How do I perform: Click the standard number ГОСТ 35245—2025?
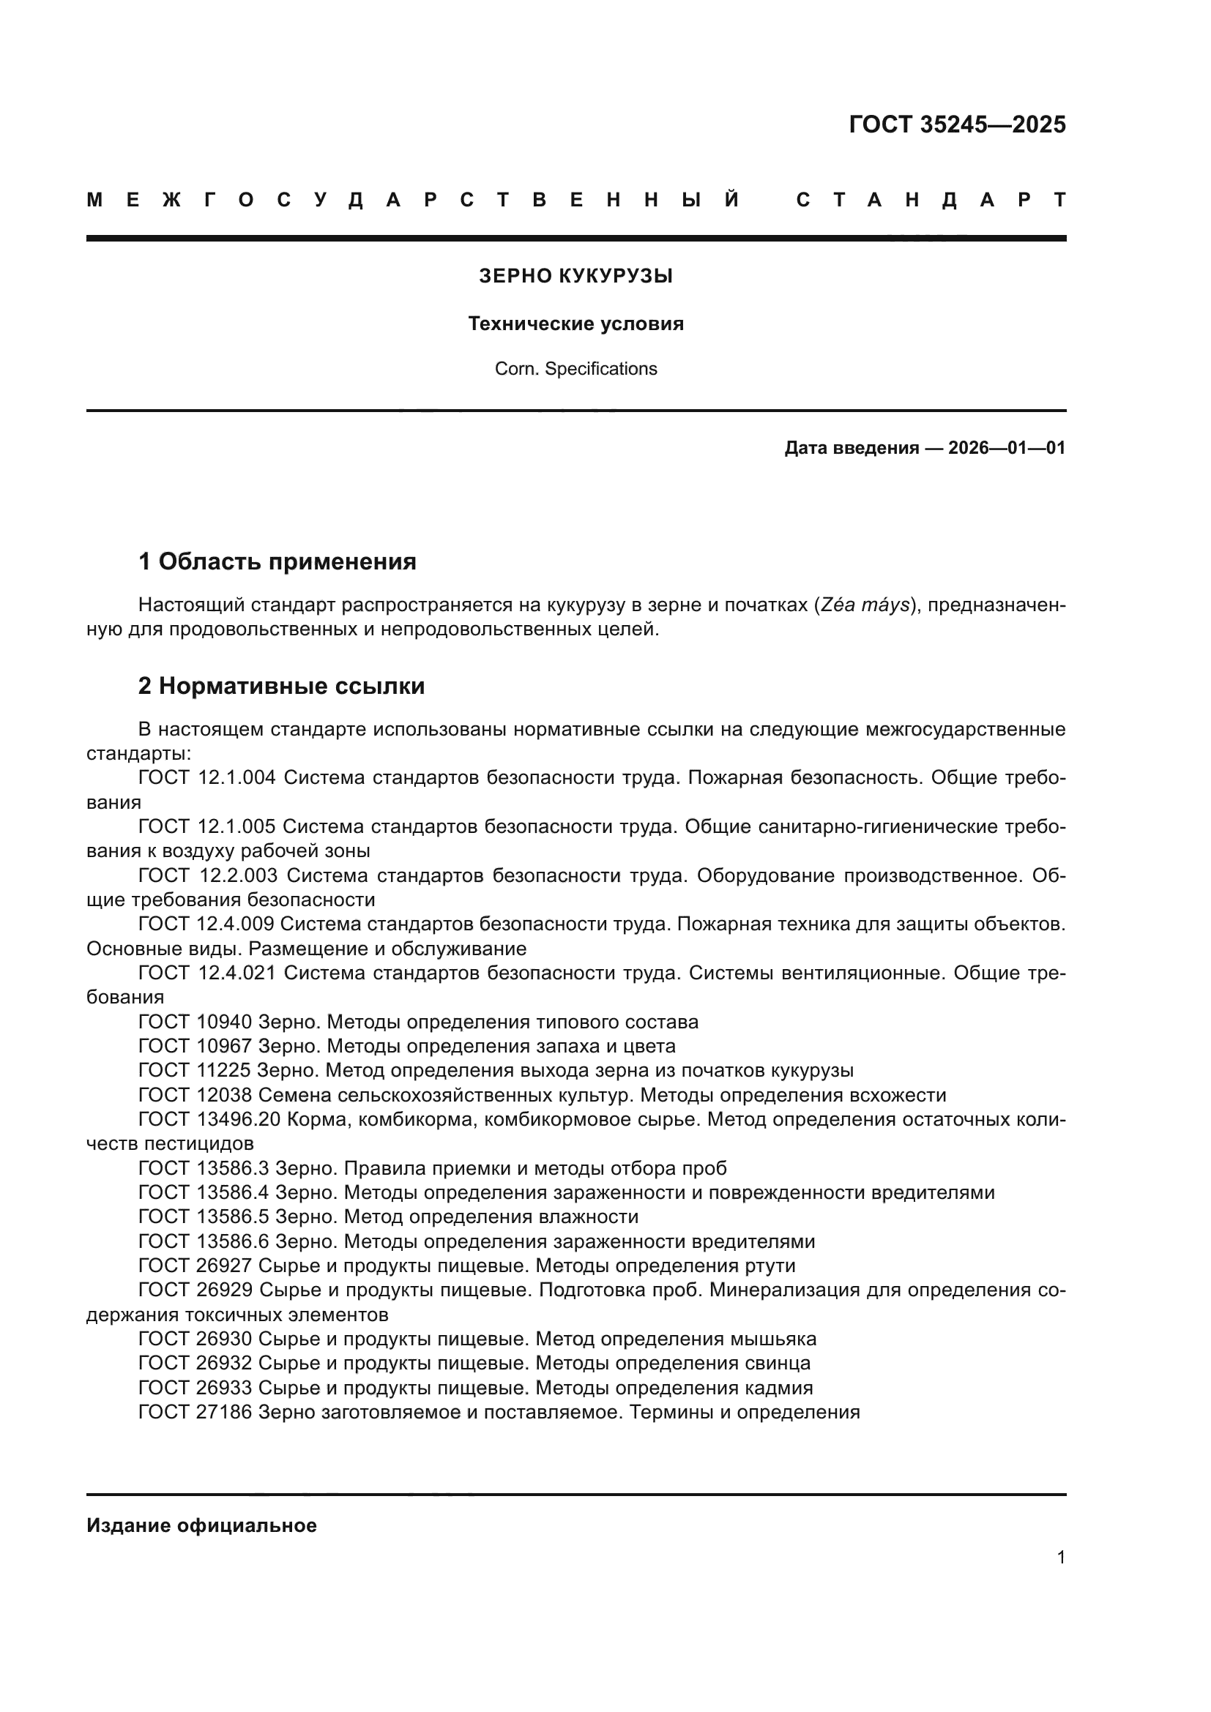coord(957,124)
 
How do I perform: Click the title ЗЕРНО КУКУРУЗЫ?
coord(575,277)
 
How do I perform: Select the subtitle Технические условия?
coord(575,324)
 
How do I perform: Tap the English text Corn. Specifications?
coord(575,369)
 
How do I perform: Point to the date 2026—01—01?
coord(1007,448)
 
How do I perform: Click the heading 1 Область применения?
coord(277,561)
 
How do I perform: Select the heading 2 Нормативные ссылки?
coord(281,686)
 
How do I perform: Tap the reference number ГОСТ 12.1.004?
coord(207,778)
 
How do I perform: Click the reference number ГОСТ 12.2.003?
coord(208,875)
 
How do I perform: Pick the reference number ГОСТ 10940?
coord(195,1022)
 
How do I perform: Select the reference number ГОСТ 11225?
coord(195,1070)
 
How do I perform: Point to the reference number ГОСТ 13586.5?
coord(204,1217)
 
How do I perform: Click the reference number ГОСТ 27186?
coord(195,1412)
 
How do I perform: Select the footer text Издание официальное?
coord(201,1525)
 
